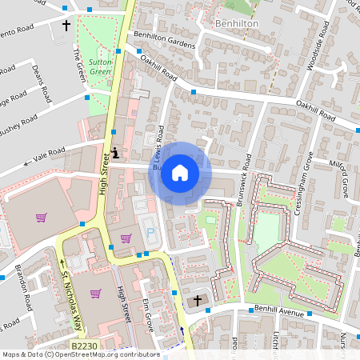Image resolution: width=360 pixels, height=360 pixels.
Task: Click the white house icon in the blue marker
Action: point(180,172)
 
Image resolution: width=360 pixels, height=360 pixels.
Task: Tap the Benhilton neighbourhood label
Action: point(238,25)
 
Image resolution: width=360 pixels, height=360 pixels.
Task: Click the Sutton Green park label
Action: point(100,66)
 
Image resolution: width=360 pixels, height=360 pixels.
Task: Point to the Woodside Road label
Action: point(314,47)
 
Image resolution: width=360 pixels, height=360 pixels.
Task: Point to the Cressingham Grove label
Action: point(305,180)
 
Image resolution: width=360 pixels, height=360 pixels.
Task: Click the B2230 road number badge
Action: point(84,345)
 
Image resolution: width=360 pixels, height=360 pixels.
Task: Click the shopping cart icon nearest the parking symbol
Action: point(126,238)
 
